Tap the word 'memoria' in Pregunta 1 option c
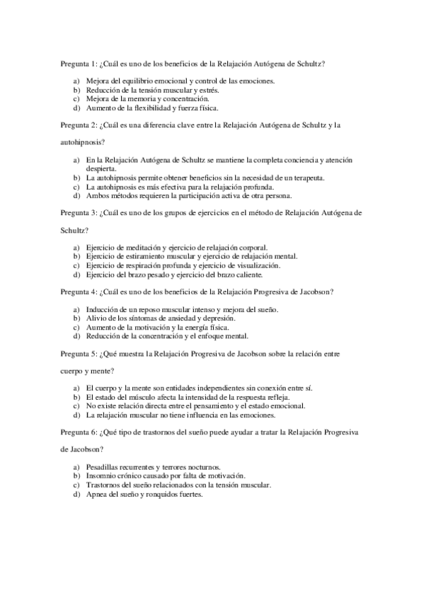(x=141, y=100)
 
